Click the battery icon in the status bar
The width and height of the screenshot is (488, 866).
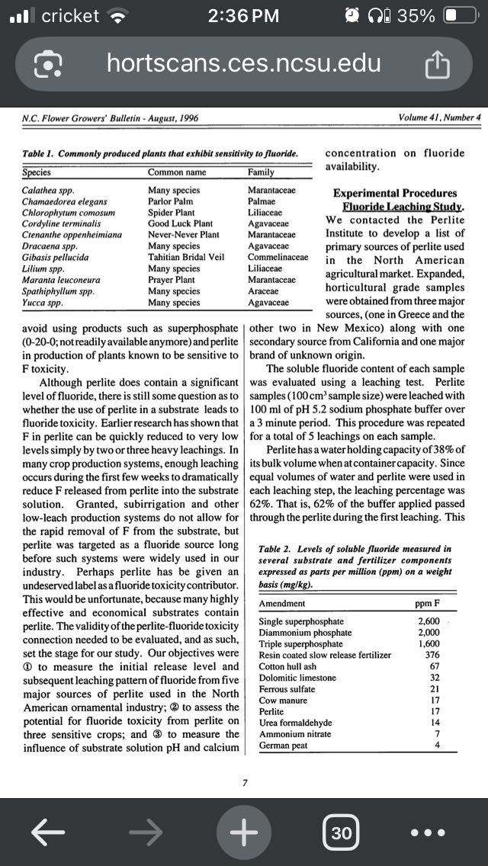pyautogui.click(x=459, y=16)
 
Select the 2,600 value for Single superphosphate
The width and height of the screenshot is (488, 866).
pyautogui.click(x=429, y=621)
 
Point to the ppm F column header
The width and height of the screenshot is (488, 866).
pyautogui.click(x=429, y=603)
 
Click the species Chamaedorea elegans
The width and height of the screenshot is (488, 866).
pyautogui.click(x=64, y=201)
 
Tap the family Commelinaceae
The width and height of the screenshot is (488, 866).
pyautogui.click(x=278, y=257)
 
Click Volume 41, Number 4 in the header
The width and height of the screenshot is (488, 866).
pyautogui.click(x=439, y=117)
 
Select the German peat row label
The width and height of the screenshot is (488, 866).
pyautogui.click(x=283, y=745)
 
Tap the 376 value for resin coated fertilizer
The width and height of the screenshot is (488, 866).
pyautogui.click(x=432, y=655)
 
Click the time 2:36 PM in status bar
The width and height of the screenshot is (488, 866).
pyautogui.click(x=243, y=16)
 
